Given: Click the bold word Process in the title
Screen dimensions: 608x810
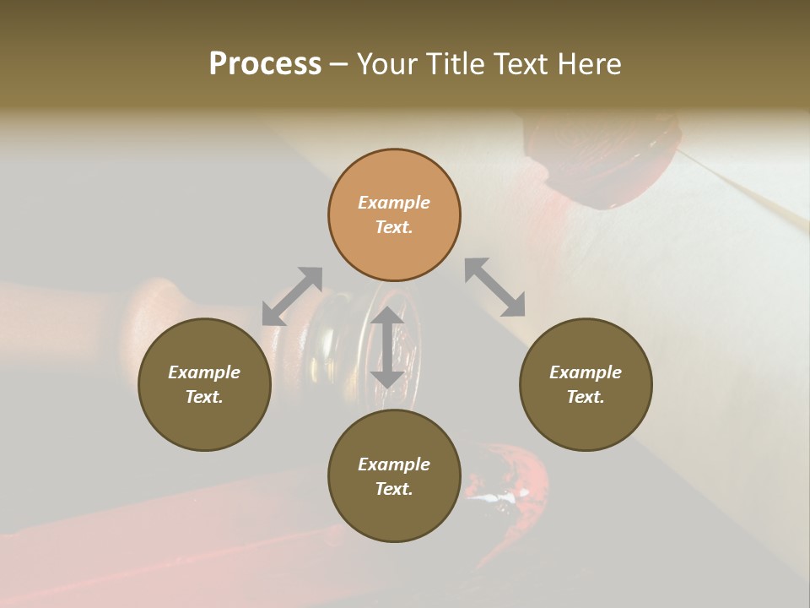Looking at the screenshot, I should pos(265,64).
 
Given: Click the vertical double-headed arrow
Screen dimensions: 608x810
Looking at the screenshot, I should pos(387,348).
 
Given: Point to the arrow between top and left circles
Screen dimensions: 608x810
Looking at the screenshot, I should pos(292,296).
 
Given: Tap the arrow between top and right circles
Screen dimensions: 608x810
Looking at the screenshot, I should pos(495,288).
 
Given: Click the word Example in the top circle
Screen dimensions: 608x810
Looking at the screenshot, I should pos(394,203).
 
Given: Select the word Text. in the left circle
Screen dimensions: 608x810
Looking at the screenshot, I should pos(204,397).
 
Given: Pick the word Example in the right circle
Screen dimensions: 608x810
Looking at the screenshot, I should pos(586,372).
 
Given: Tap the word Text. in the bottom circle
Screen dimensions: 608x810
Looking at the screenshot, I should pos(394,489).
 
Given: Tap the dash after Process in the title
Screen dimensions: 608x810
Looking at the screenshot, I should pos(338,64).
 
